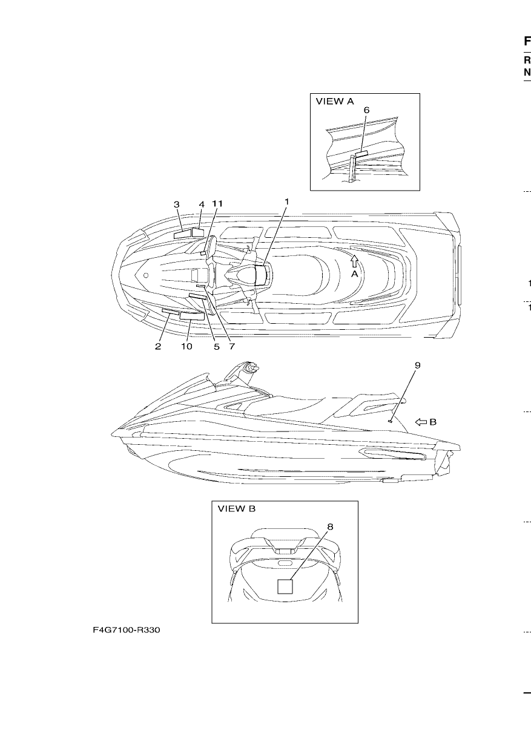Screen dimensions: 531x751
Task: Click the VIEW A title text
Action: point(335,101)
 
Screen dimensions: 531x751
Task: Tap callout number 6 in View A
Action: point(367,110)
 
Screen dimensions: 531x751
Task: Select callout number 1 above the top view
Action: point(286,202)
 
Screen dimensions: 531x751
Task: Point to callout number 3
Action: point(176,204)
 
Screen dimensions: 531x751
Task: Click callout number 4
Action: point(202,205)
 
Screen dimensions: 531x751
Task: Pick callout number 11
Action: point(217,203)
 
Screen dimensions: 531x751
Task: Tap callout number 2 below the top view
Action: point(158,346)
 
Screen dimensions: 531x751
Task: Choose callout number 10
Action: point(187,346)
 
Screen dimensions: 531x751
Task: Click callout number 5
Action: point(216,347)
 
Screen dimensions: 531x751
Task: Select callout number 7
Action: point(232,346)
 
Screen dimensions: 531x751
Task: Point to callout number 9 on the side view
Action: point(417,365)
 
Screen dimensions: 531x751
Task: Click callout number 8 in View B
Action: point(330,526)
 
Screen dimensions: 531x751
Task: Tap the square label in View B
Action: point(285,586)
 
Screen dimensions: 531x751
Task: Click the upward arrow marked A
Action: point(355,261)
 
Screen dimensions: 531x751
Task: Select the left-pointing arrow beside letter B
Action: point(421,422)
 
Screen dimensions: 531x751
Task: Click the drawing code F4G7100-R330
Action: point(127,630)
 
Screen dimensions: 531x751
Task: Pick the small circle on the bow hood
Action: point(146,275)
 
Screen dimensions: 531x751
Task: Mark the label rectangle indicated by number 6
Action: point(361,154)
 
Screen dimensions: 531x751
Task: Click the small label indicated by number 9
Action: point(390,421)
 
